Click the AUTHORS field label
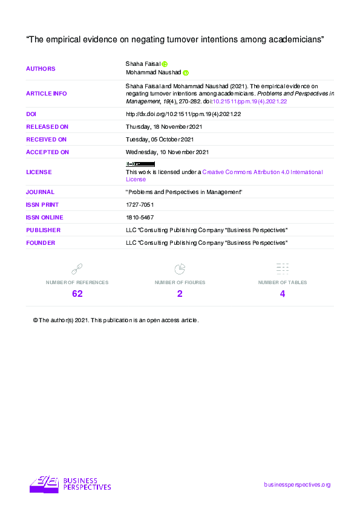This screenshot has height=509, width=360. tap(41, 68)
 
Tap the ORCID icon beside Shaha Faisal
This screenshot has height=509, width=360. tap(165, 63)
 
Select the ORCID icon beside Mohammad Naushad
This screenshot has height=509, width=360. tap(186, 73)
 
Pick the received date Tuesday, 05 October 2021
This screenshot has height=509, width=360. tap(160, 140)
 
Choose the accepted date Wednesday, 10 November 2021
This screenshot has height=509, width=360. tap(167, 152)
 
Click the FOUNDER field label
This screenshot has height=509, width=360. tap(41, 242)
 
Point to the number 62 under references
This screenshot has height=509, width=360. tap(77, 294)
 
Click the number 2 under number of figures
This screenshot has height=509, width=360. tap(180, 294)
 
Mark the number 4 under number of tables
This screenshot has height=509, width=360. tap(283, 294)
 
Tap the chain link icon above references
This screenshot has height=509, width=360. tap(77, 268)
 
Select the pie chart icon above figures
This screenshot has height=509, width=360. tap(180, 268)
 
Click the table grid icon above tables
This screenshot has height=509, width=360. tap(283, 268)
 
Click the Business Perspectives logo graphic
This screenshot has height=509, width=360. tap(44, 484)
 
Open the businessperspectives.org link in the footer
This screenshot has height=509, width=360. tap(298, 485)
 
